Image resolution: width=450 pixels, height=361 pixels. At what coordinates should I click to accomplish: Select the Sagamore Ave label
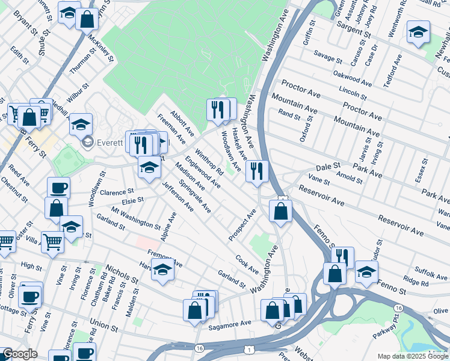click(229, 323)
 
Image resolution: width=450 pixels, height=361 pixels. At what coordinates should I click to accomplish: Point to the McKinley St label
click(100, 43)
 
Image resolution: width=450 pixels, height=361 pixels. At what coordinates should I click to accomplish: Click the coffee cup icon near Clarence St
click(58, 187)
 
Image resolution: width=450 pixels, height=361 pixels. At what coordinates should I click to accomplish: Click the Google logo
click(20, 354)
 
